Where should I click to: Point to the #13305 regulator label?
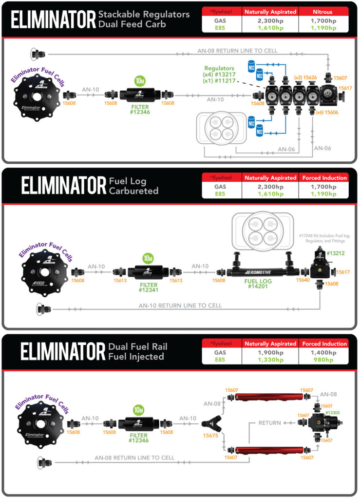[333, 412]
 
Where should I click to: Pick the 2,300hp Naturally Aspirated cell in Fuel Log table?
[270, 186]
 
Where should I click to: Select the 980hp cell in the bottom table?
[323, 360]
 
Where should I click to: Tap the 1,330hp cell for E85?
[270, 360]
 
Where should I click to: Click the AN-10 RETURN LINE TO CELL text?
[180, 306]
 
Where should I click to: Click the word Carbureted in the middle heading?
[134, 191]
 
